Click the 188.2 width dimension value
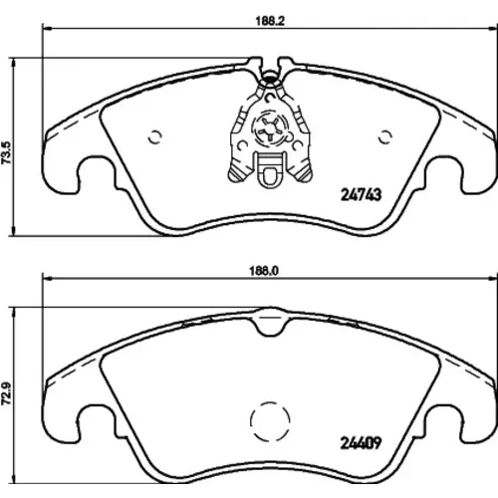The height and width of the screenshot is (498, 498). [270, 21]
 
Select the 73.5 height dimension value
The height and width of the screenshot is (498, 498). [6, 152]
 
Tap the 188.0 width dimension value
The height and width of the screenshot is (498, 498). [264, 271]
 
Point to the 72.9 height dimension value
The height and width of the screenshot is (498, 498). [6, 394]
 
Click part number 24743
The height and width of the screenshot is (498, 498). [362, 195]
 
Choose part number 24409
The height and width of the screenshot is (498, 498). [361, 443]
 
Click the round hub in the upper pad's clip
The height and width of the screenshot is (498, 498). [269, 128]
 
